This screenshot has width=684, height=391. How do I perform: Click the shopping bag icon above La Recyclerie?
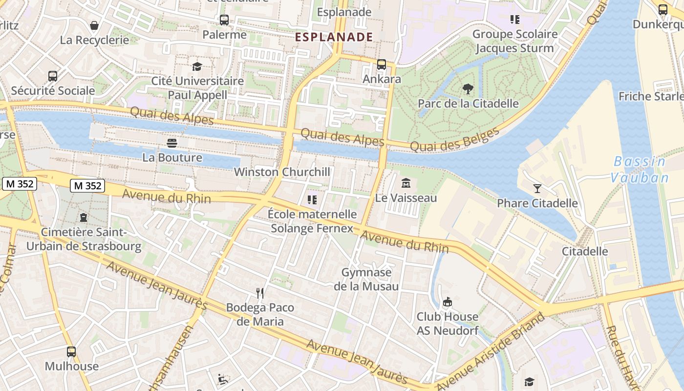pos(94,25)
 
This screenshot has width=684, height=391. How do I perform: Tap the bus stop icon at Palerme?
pos(224,20)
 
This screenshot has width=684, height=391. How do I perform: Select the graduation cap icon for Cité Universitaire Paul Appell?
pos(197,66)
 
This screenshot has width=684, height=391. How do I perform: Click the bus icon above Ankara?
pos(382,64)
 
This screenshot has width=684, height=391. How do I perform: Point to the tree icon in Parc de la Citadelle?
pos(468,89)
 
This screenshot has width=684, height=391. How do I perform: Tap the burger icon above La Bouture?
pos(171,143)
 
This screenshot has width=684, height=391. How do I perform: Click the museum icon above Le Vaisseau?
pos(406,183)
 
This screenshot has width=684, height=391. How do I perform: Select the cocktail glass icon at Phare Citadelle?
pos(537,188)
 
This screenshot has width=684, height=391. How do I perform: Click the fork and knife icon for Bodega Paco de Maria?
pos(260,293)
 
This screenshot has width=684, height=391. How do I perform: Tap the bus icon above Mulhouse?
pos(71,351)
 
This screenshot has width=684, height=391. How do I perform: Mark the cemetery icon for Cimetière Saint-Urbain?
pos(83,217)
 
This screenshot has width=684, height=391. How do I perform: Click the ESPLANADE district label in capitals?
pos(334,37)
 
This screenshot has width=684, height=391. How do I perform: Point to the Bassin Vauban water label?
pos(640,169)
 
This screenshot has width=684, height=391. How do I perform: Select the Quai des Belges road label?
pos(455,139)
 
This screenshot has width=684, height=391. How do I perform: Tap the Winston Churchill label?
pos(282,172)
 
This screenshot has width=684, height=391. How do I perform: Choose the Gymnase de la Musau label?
pos(366,279)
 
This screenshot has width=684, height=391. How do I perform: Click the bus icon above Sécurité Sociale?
pos(53,76)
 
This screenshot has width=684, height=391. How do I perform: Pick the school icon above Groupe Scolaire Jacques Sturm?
pos(514,20)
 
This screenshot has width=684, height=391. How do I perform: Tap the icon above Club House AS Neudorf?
pos(447,302)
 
